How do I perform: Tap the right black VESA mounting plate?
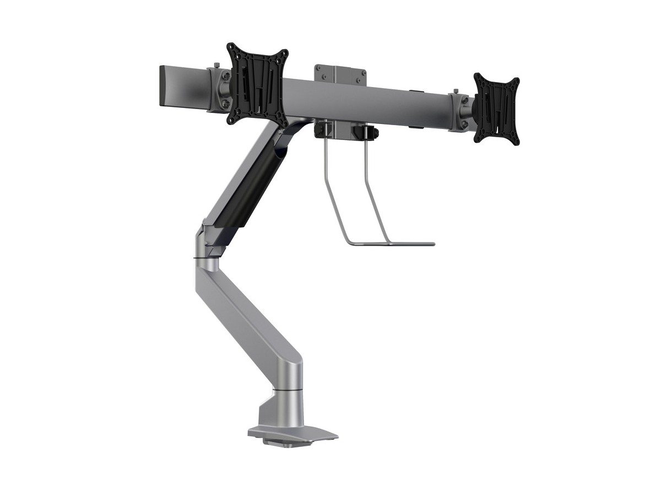(x=496, y=109)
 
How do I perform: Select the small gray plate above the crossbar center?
(x=340, y=74)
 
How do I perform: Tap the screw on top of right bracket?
(x=456, y=91)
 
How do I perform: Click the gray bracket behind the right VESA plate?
(x=460, y=113)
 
